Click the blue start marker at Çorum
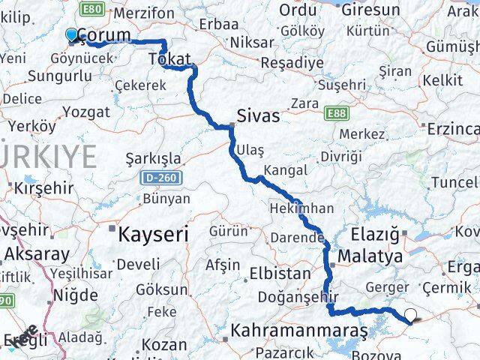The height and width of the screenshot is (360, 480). click(x=72, y=34)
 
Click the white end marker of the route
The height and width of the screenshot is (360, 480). click(x=410, y=316)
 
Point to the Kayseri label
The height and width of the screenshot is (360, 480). click(x=153, y=234)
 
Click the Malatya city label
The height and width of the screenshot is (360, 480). click(x=370, y=256)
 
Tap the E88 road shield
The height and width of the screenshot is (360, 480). click(x=337, y=113)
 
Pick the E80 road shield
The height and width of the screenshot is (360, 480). click(x=93, y=9)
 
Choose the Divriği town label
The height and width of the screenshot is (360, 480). click(x=340, y=156)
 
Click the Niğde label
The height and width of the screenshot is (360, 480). click(x=76, y=295)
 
